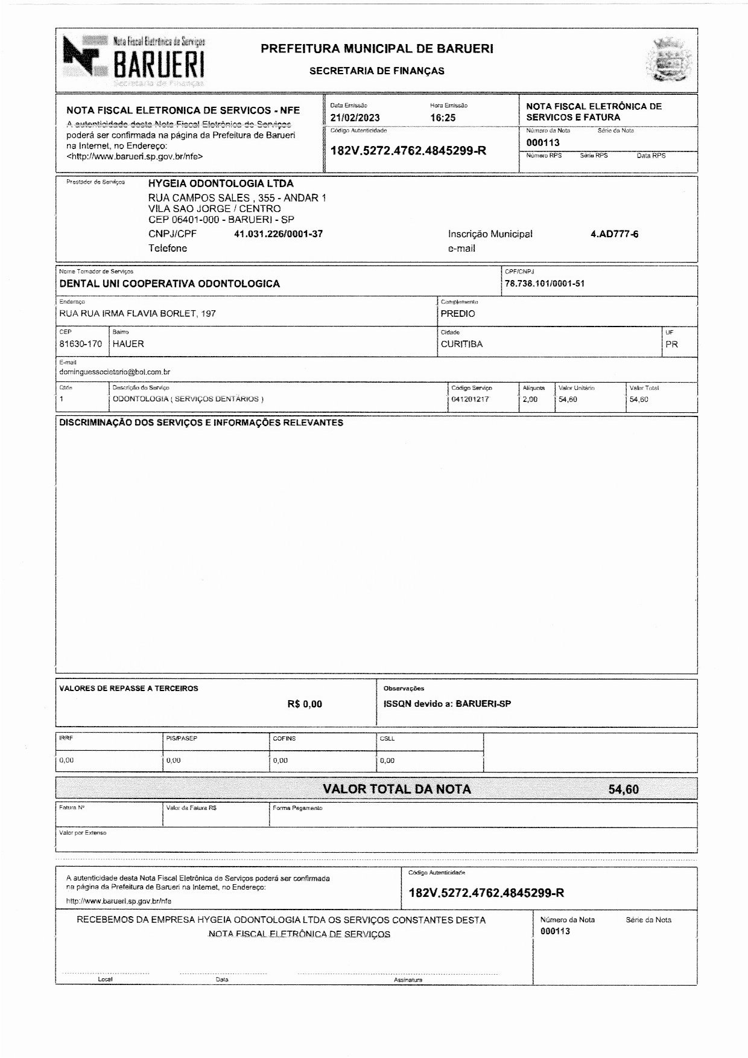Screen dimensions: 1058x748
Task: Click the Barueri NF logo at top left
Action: click(x=134, y=59)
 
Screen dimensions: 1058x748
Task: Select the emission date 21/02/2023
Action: click(x=355, y=118)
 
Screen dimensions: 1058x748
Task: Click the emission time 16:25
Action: click(x=443, y=118)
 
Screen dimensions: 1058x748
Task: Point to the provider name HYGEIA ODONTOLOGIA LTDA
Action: click(x=221, y=183)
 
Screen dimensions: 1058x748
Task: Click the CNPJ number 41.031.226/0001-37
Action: click(x=278, y=234)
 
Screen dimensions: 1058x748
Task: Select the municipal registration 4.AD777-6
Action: click(x=614, y=234)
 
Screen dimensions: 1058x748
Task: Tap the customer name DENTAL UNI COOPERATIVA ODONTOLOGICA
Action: click(x=170, y=284)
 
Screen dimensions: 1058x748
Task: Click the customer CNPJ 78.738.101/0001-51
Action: click(x=545, y=284)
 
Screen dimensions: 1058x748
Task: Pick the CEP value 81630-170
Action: click(x=80, y=344)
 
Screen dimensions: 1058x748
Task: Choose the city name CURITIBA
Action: click(x=461, y=344)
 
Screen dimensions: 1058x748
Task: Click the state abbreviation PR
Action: click(x=671, y=344)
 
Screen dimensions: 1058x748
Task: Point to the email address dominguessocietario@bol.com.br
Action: click(x=115, y=372)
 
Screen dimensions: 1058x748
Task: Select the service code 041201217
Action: click(x=470, y=400)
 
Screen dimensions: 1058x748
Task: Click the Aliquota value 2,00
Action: click(x=530, y=400)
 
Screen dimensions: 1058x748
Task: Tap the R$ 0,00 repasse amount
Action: click(x=305, y=704)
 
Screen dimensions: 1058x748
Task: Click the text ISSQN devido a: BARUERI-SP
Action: click(x=447, y=704)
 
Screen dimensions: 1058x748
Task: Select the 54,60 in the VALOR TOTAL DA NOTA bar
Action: click(x=623, y=789)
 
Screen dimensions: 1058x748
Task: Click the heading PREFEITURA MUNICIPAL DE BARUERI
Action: click(x=377, y=49)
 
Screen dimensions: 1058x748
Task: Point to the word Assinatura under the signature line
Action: click(x=408, y=980)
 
